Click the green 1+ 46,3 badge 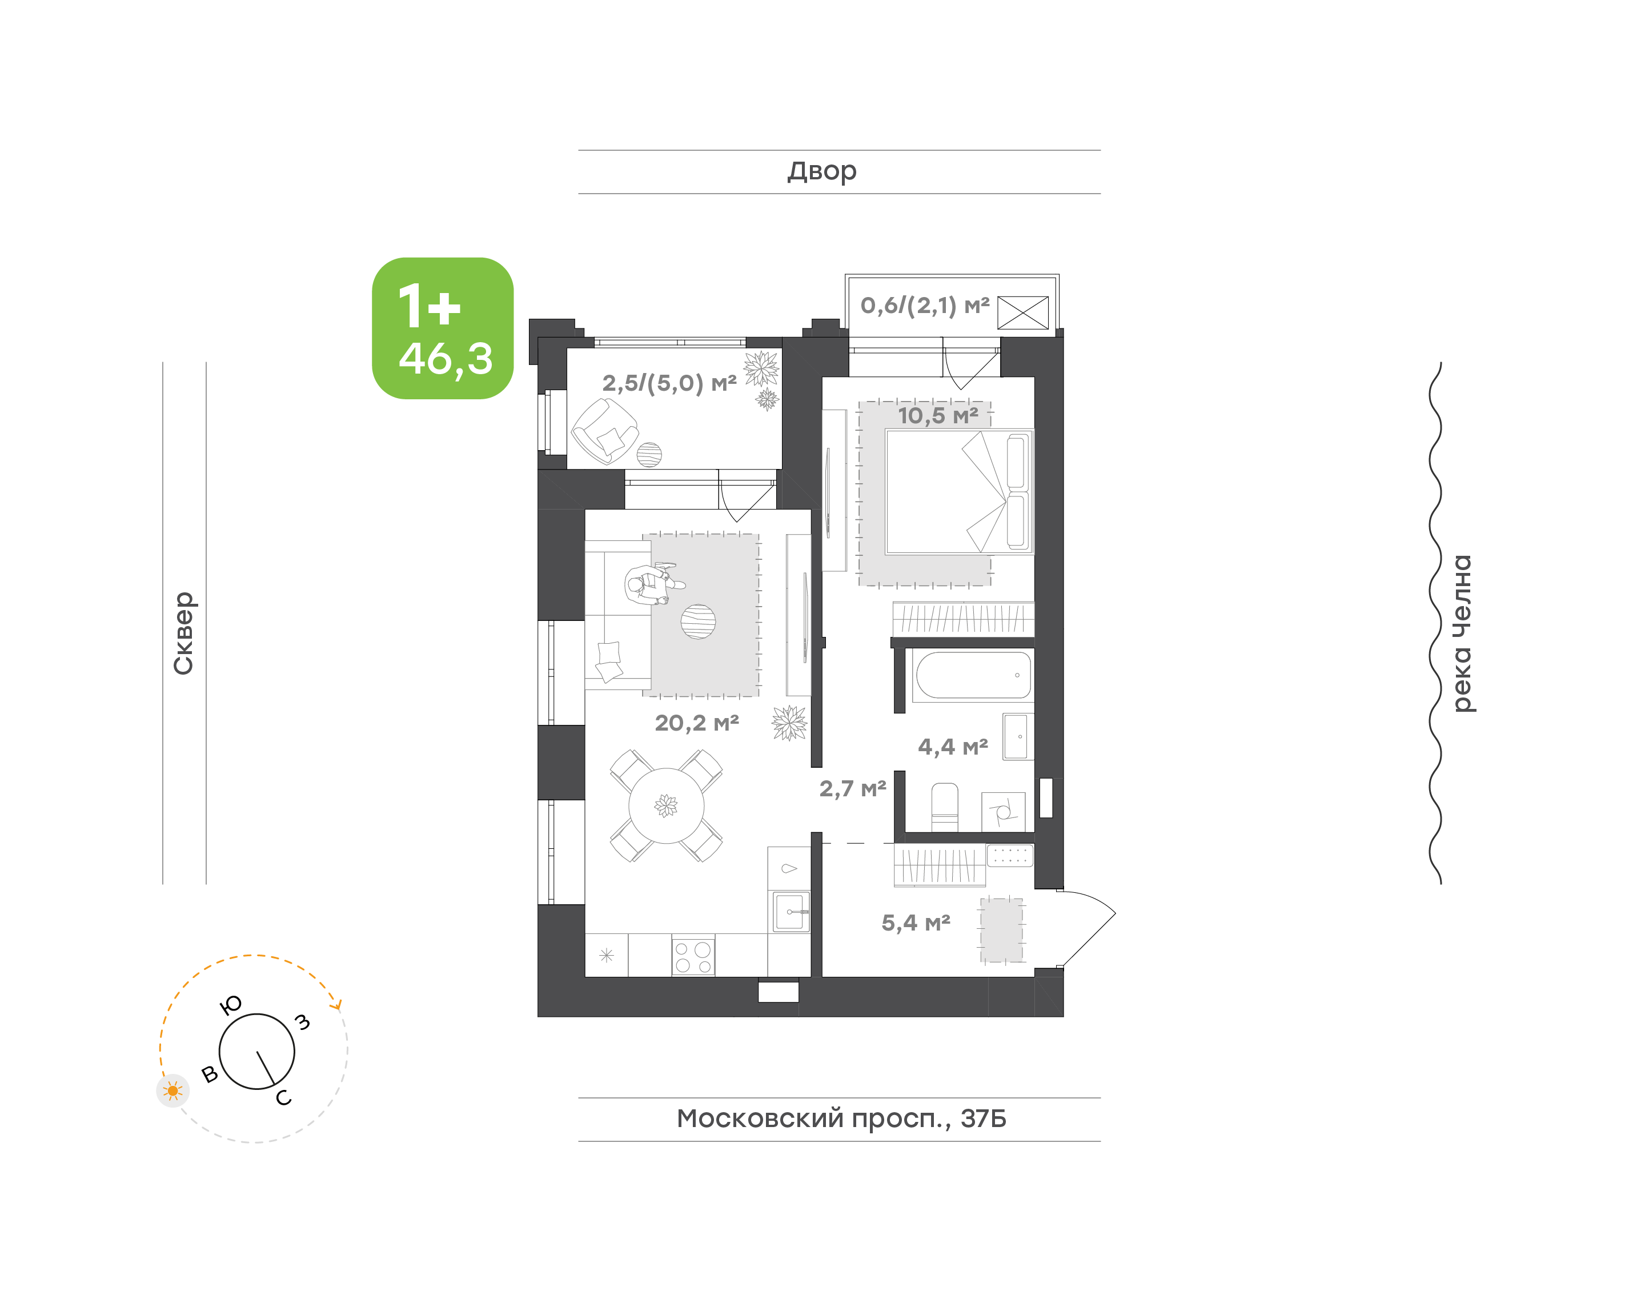(x=443, y=328)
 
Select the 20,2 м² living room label (x=697, y=723)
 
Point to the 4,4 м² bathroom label (x=953, y=747)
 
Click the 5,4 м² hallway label (x=916, y=923)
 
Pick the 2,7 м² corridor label (x=852, y=789)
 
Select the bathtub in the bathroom (x=973, y=675)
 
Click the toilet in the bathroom (x=945, y=807)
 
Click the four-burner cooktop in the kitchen (x=693, y=956)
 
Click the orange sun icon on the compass (x=173, y=1090)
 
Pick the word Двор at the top (x=822, y=171)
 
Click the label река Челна (x=1462, y=634)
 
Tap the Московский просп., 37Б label (x=841, y=1118)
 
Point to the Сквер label (x=183, y=634)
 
